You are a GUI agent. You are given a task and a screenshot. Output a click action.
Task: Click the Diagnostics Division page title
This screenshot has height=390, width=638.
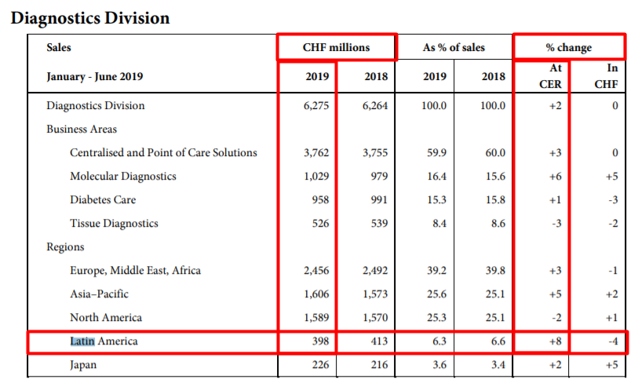[90, 17]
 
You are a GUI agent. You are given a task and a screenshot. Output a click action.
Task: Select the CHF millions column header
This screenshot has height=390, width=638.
[336, 47]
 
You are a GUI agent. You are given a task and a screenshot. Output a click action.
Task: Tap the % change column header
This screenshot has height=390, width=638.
[569, 47]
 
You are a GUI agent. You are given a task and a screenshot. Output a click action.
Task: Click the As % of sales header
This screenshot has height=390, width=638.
[454, 47]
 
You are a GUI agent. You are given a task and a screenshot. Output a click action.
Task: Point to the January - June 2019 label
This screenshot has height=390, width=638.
[95, 77]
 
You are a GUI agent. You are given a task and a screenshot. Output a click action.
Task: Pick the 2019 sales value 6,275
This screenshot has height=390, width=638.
[317, 105]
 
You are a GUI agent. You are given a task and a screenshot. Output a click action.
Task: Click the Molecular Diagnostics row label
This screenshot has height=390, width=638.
[122, 176]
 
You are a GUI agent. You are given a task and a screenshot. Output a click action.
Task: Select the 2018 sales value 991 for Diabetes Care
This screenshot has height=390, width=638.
[377, 199]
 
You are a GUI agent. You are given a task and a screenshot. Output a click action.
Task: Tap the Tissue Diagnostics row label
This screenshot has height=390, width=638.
[114, 223]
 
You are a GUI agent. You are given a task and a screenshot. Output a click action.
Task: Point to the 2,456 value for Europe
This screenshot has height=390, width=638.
[317, 270]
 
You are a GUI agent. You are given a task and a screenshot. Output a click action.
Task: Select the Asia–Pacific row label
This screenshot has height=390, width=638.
[99, 293]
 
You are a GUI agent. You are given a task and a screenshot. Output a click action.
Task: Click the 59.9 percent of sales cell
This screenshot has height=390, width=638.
[436, 152]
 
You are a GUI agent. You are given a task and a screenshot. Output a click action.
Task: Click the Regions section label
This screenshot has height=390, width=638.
[65, 246]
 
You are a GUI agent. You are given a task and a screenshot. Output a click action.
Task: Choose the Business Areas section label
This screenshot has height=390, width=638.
[82, 129]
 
